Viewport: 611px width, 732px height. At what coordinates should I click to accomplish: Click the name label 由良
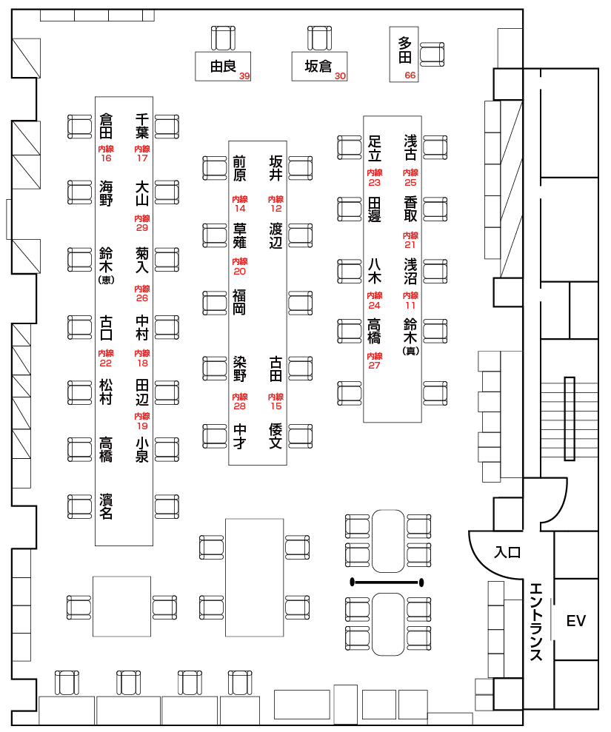pos(223,67)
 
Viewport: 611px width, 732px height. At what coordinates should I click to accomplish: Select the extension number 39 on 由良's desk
pos(244,76)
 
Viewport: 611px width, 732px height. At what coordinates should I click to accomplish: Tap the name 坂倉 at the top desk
pos(318,67)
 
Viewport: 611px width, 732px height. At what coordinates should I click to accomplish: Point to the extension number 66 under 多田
pos(410,75)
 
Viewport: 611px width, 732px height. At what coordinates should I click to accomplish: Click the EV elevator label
pos(575,621)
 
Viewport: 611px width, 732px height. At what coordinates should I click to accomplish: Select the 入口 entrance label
pos(508,552)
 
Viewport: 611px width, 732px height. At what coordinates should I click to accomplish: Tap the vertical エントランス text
pos(537,621)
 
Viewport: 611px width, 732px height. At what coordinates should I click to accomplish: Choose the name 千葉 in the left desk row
pos(142,126)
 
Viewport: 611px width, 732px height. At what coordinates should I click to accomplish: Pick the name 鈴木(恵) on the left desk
pos(106,264)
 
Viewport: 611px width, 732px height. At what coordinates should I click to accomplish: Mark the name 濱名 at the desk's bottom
pos(106,506)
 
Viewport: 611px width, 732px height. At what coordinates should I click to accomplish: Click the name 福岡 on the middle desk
pos(239,302)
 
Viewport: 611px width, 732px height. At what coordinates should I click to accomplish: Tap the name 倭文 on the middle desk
pos(276,436)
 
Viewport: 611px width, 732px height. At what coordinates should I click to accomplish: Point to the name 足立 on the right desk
pos(375,147)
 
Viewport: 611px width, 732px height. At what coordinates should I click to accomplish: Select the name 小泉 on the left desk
pos(142,449)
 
